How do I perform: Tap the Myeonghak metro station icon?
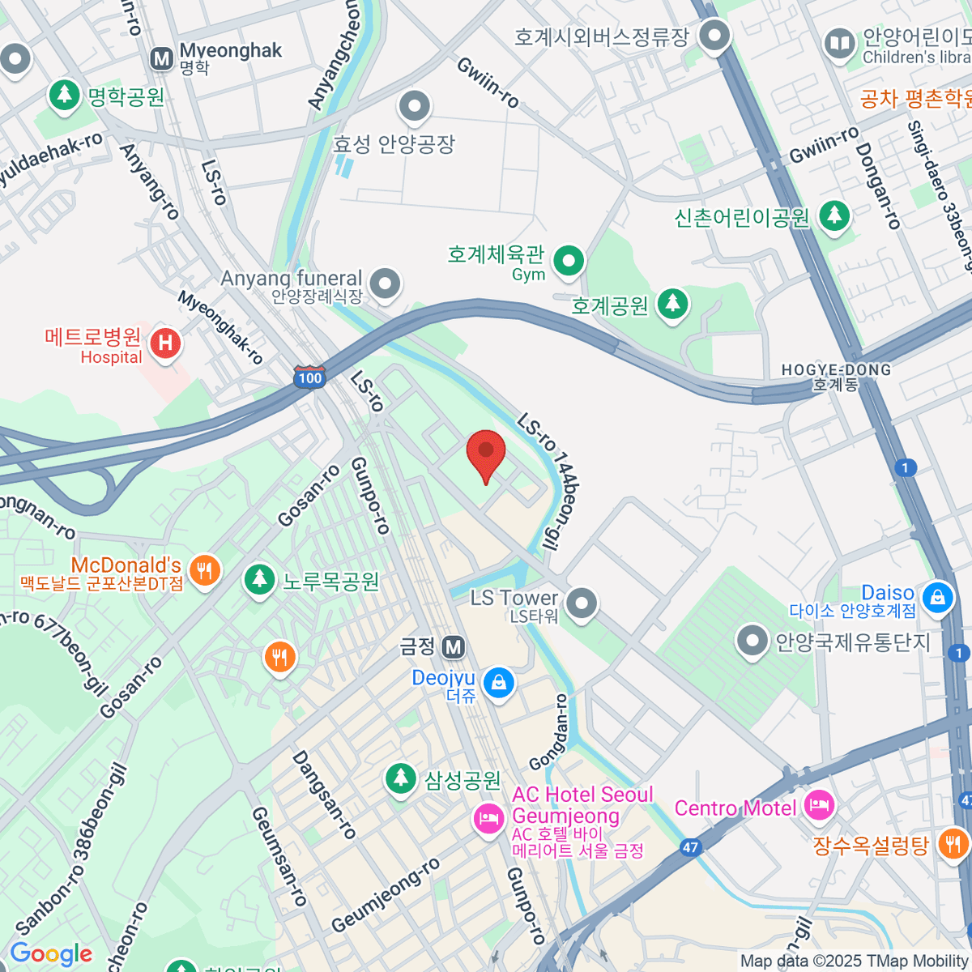tap(162, 58)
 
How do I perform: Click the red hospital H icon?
tap(165, 343)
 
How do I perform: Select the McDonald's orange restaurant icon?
tap(204, 569)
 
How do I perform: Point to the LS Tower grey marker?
tap(581, 603)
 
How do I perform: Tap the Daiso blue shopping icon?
tap(937, 598)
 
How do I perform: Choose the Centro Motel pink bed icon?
tap(819, 804)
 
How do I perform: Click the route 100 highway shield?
tap(309, 377)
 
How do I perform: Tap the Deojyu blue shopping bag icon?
tap(499, 683)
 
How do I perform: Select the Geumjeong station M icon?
tap(454, 646)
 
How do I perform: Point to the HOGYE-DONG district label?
tap(836, 377)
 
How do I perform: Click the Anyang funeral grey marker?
tap(385, 284)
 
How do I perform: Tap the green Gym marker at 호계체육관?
tap(569, 261)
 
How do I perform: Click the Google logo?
tap(51, 954)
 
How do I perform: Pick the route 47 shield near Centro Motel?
tap(689, 848)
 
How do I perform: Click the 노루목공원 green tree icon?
tap(259, 579)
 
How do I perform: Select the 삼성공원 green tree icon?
tap(400, 778)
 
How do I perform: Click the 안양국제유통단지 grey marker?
tap(752, 642)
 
